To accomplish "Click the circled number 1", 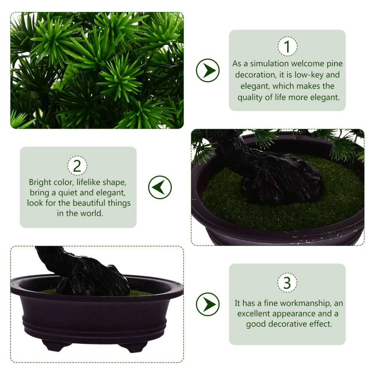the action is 287,46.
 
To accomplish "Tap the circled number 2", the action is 77,165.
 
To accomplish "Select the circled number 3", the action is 287,283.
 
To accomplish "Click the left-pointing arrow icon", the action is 160,187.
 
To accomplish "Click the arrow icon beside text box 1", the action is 208,70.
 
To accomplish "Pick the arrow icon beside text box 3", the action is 208,304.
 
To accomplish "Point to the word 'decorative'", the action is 289,324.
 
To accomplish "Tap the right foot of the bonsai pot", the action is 133,347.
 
